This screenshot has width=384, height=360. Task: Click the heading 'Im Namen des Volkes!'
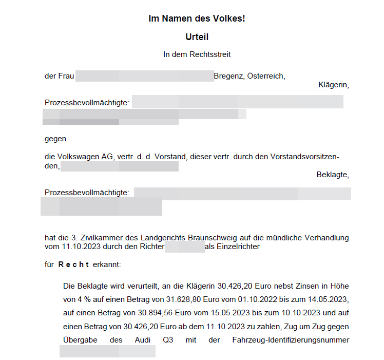[x=197, y=19]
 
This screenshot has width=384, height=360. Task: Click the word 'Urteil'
[x=197, y=37]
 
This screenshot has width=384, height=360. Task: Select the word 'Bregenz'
[x=228, y=77]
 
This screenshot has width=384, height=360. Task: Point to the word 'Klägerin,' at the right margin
[x=334, y=85]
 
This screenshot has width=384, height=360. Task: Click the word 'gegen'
[x=55, y=139]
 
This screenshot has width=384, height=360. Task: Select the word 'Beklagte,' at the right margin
[x=333, y=175]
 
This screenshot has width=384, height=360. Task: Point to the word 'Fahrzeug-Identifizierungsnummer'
[x=291, y=340]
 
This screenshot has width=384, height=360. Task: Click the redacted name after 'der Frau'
[x=144, y=77]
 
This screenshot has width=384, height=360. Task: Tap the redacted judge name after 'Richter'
[x=185, y=247]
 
